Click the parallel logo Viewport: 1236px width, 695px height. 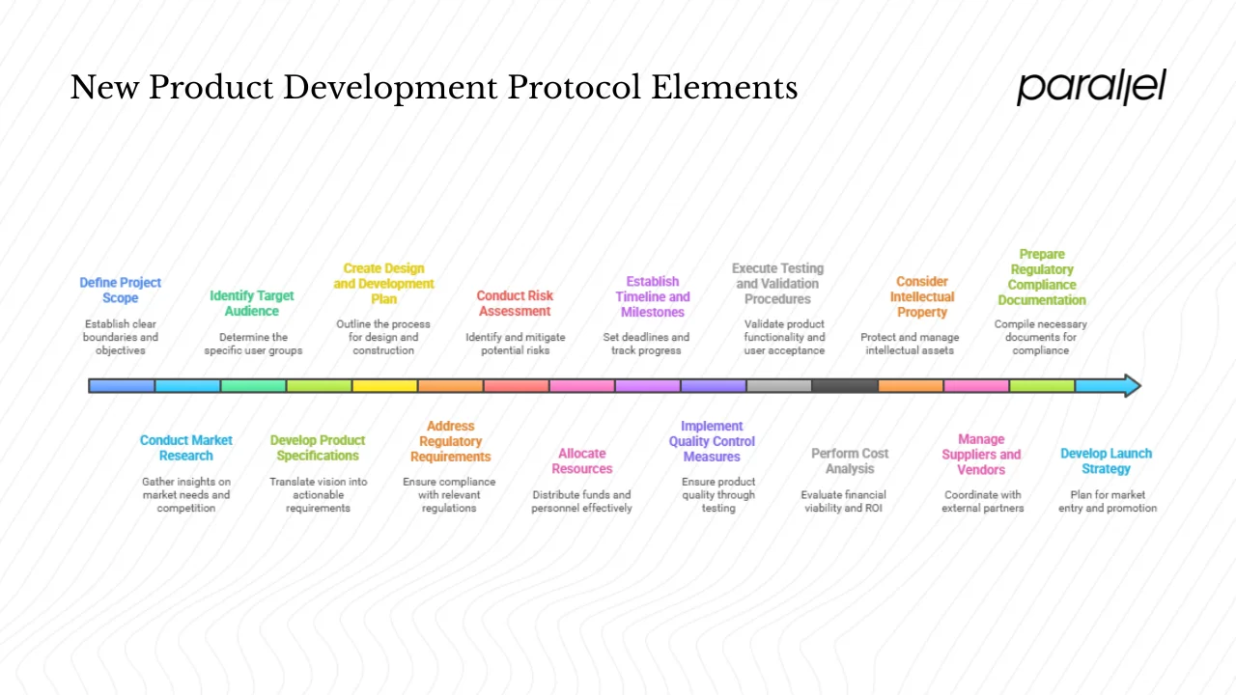point(1091,87)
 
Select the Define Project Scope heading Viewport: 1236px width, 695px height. point(121,290)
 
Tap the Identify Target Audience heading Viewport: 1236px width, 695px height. point(252,303)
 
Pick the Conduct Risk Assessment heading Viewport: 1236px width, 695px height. point(515,303)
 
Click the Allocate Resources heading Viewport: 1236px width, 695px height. point(582,460)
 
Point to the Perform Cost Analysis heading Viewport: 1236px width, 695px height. point(850,460)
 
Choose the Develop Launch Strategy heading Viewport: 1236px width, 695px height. point(1106,460)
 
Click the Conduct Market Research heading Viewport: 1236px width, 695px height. point(186,448)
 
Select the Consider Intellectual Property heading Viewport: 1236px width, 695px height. point(922,296)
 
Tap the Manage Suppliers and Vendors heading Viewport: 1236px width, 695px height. point(981,454)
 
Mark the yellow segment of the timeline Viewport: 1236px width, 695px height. point(384,386)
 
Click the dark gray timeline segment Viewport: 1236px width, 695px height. point(844,386)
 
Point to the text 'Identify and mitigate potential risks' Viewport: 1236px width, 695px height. point(516,344)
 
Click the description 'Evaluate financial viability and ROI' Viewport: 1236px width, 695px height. point(844,501)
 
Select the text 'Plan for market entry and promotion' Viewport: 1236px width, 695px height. point(1108,501)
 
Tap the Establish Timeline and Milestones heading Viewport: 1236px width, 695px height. point(653,296)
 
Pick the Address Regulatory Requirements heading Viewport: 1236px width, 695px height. point(450,441)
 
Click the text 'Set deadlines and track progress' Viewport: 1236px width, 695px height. point(646,344)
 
